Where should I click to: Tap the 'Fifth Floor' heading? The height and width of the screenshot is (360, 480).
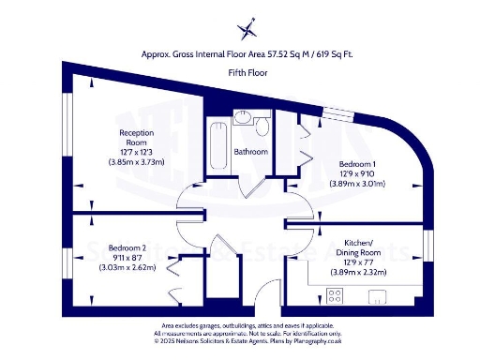(246, 72)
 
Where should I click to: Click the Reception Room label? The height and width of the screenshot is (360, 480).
(136, 138)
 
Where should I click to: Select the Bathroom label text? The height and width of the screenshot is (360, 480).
(251, 152)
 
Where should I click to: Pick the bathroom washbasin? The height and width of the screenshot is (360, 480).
(241, 119)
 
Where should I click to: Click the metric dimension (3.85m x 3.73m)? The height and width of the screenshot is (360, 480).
(136, 161)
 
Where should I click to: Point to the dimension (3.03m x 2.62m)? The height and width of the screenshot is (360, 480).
(127, 267)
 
